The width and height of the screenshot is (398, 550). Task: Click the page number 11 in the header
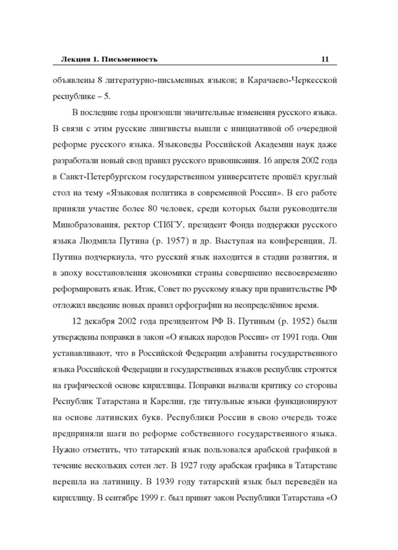[325, 59]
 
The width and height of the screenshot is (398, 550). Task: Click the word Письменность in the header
[130, 60]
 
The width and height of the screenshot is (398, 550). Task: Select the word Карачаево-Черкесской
[292, 80]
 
